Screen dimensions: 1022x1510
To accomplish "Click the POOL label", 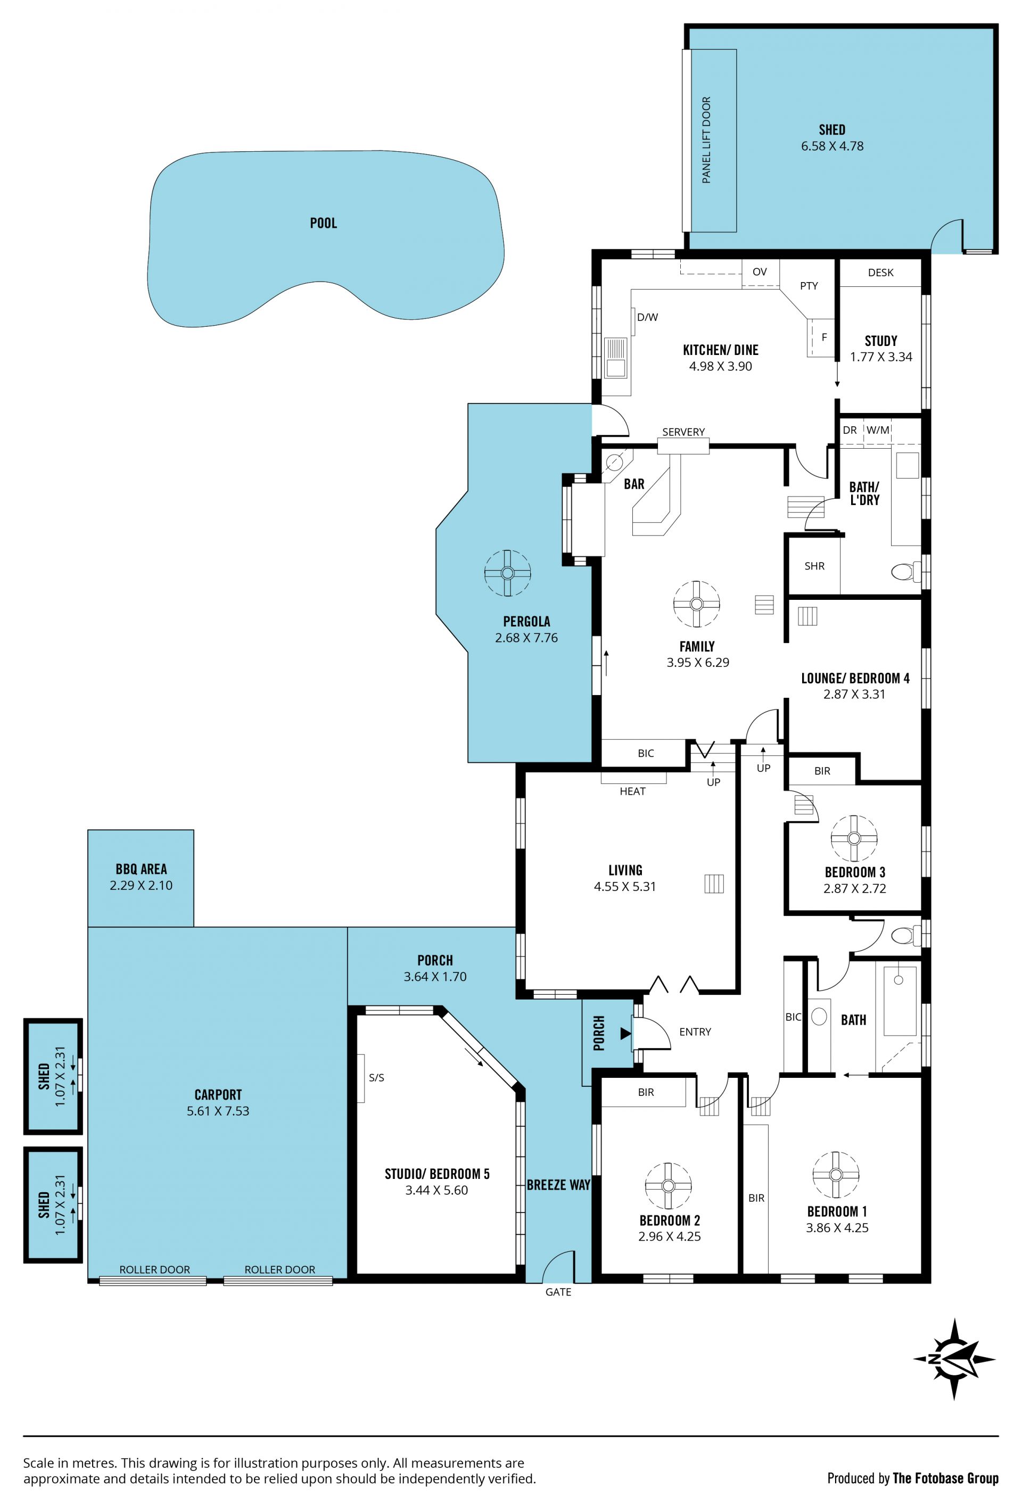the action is pyautogui.click(x=323, y=223).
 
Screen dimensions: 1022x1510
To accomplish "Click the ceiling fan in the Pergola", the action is pyautogui.click(x=507, y=572).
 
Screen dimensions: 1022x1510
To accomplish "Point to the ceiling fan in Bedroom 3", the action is pyautogui.click(x=854, y=838).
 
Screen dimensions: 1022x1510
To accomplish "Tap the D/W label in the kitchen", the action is pyautogui.click(x=647, y=317).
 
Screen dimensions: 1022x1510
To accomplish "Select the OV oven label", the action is pyautogui.click(x=760, y=271).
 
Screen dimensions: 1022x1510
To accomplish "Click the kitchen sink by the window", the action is pyautogui.click(x=615, y=357).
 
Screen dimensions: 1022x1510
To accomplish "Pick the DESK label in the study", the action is pyautogui.click(x=880, y=272).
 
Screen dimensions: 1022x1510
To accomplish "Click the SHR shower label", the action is pyautogui.click(x=814, y=566).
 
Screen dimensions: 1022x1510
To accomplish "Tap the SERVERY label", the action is pyautogui.click(x=683, y=432).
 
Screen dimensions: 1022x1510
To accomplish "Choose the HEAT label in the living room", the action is pyautogui.click(x=632, y=791).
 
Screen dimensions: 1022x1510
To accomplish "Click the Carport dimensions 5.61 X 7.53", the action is pyautogui.click(x=218, y=1110).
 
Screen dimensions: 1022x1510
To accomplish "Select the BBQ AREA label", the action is pyautogui.click(x=141, y=869).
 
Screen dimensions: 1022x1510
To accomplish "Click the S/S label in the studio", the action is pyautogui.click(x=376, y=1077).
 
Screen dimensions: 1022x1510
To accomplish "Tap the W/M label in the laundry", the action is pyautogui.click(x=877, y=430).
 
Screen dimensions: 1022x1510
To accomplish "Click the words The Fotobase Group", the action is pyautogui.click(x=945, y=1478).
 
